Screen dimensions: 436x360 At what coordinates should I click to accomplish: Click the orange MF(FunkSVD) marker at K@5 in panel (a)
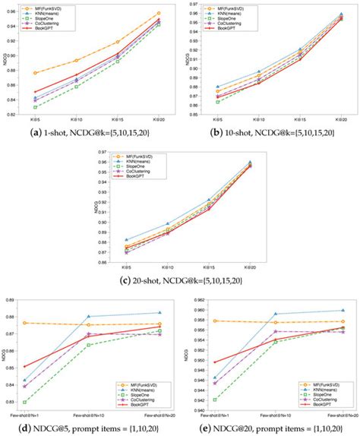click(x=36, y=73)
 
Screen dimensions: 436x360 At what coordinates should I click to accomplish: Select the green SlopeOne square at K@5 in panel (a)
click(x=36, y=107)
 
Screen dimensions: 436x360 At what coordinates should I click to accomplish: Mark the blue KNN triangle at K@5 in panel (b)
click(x=218, y=87)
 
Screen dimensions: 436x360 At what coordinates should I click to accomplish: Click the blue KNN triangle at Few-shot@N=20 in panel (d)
click(x=159, y=312)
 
